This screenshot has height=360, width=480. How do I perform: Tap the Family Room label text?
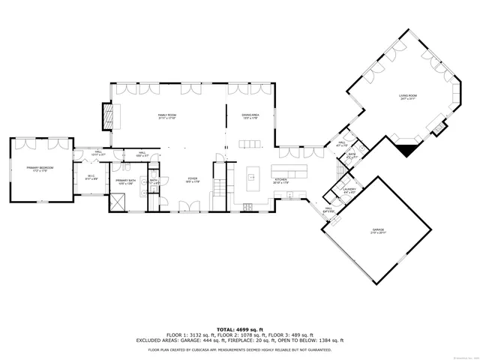coord(166,116)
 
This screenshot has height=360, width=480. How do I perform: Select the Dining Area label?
coord(250,116)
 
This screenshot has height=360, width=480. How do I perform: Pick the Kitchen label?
coord(280,180)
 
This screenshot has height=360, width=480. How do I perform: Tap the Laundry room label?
coord(349,190)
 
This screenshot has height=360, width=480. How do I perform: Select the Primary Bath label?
coord(125,181)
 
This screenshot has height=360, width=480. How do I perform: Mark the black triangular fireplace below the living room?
coord(407,148)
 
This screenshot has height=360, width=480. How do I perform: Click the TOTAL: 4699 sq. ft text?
coord(240,329)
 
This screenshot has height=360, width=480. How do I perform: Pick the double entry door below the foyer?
coord(192,207)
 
